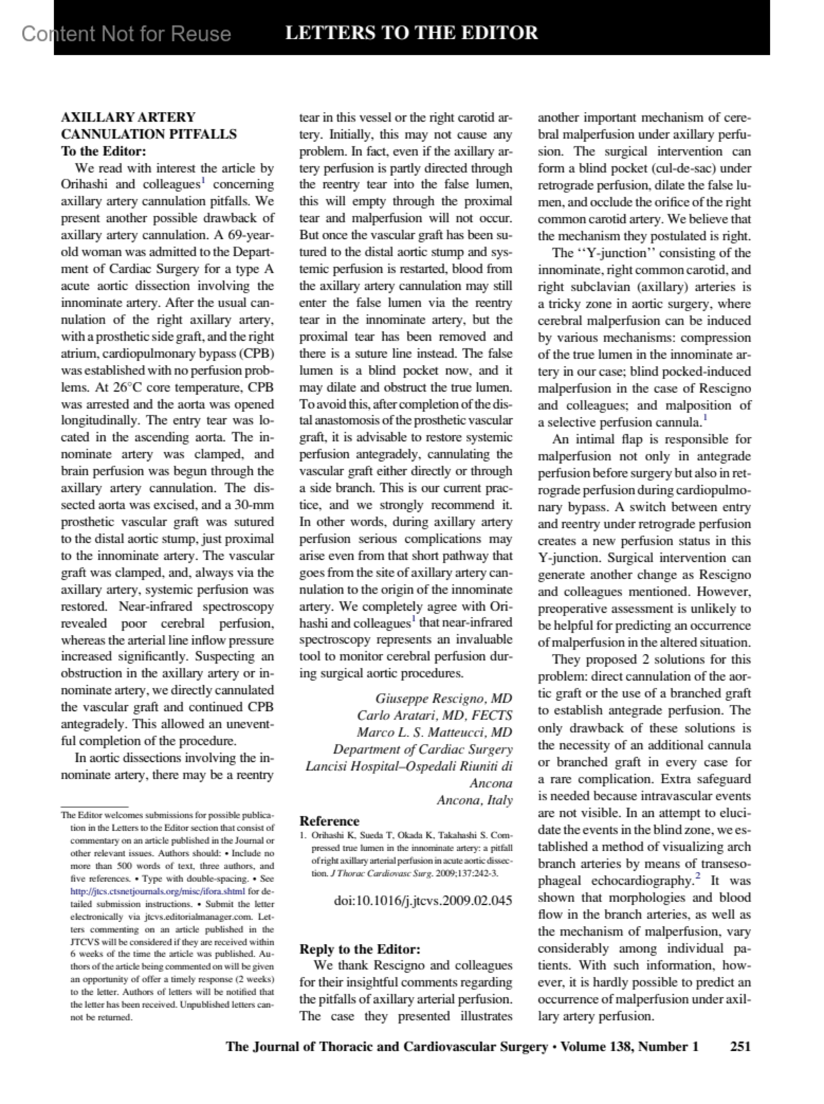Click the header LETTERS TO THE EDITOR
pyautogui.click(x=411, y=33)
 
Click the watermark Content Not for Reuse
pyautogui.click(x=126, y=34)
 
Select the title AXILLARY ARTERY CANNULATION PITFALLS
pyautogui.click(x=148, y=126)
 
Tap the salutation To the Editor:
pyautogui.click(x=104, y=151)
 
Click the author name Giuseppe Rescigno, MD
pyautogui.click(x=444, y=699)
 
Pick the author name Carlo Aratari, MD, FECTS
pyautogui.click(x=434, y=715)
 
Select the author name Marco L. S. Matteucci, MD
pyautogui.click(x=434, y=732)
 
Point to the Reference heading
pyautogui.click(x=329, y=821)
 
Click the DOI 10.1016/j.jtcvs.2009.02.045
pyautogui.click(x=422, y=899)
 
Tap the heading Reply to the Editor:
pyautogui.click(x=359, y=949)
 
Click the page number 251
pyautogui.click(x=740, y=1046)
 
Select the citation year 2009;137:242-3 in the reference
pyautogui.click(x=468, y=873)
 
